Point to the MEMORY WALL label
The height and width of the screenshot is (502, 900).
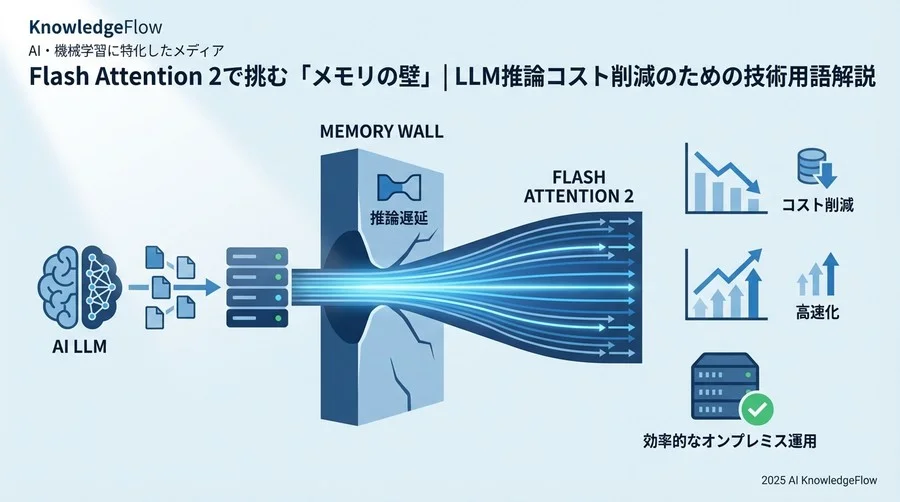coord(382,132)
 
